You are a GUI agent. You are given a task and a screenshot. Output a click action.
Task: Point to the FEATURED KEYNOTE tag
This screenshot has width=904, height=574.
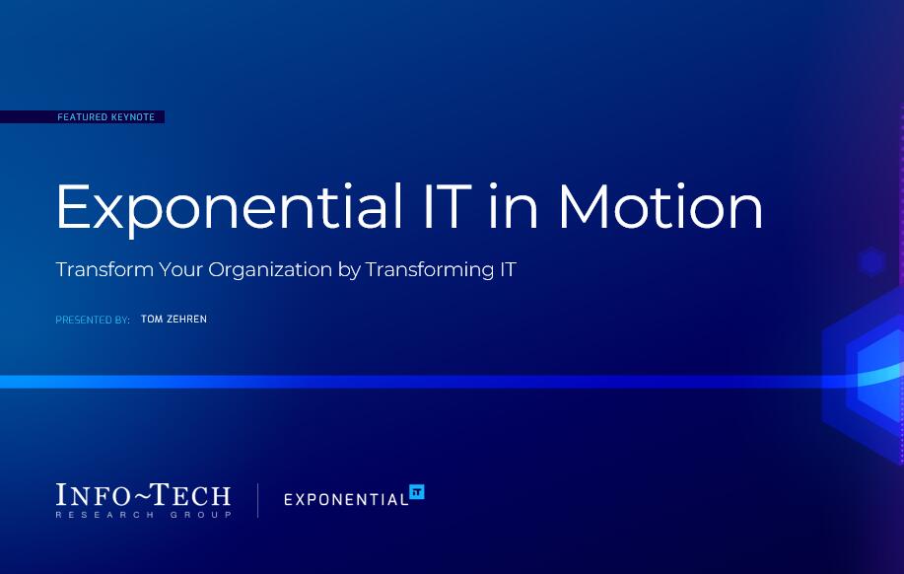click(105, 117)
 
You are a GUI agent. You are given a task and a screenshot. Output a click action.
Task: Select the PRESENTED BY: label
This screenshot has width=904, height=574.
click(93, 321)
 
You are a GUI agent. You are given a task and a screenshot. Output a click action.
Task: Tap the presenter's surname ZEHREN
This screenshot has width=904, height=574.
click(187, 320)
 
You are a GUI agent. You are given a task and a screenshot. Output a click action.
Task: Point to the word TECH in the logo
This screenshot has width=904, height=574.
click(192, 495)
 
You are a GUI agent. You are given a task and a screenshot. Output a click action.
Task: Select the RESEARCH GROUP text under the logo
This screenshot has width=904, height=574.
click(144, 515)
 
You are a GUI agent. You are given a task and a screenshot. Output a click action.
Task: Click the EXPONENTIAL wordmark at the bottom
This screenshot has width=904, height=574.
click(345, 499)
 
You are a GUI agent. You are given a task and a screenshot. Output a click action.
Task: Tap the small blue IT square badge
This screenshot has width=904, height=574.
click(416, 491)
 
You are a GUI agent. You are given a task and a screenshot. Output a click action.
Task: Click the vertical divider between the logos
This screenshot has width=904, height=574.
click(258, 500)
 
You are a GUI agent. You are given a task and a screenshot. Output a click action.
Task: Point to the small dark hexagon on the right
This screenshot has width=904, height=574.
click(870, 261)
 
